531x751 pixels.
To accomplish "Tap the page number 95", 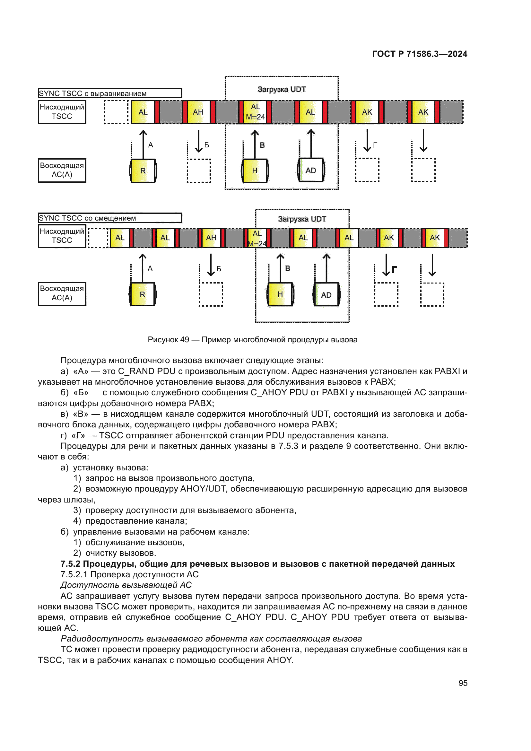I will pos(463,683).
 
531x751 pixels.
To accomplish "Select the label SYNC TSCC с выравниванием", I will pos(109,93).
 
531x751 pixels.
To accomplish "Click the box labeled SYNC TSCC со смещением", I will pos(109,218).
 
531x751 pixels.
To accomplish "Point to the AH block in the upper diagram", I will pos(198,112).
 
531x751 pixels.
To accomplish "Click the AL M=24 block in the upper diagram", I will pos(255,112).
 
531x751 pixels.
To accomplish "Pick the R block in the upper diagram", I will pos(143,171).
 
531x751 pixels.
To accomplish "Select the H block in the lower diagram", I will pos(280,294).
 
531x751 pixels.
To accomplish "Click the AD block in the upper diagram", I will pos(311,170).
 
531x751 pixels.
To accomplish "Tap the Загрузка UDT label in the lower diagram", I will pos(302,219).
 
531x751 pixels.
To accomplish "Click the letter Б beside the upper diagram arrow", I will pos(207,145).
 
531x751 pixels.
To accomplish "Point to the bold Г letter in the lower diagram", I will pos(394,269).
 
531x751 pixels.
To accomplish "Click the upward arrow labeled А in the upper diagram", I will pos(143,144).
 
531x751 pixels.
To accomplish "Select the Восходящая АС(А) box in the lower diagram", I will pos(62,293).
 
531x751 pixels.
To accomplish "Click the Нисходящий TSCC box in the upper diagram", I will pos(62,112).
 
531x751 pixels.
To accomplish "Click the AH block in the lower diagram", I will pos(211,238).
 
